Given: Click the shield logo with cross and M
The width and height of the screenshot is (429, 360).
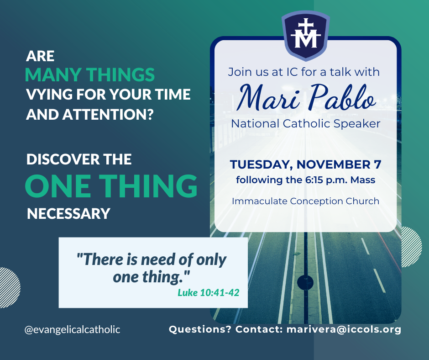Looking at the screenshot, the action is pyautogui.click(x=306, y=36).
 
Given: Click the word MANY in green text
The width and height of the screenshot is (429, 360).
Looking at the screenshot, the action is pyautogui.click(x=53, y=74).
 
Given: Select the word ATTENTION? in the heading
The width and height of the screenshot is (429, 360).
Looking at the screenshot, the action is pyautogui.click(x=108, y=115).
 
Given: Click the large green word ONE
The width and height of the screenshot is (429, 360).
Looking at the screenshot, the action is pyautogui.click(x=58, y=185).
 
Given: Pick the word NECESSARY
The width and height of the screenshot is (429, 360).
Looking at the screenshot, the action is pyautogui.click(x=68, y=214).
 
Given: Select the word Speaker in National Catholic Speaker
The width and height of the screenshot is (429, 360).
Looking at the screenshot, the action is pyautogui.click(x=357, y=124).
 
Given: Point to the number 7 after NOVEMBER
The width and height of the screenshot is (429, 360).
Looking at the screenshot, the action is pyautogui.click(x=377, y=164).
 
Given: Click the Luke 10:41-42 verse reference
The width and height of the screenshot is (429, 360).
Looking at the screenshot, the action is pyautogui.click(x=209, y=292).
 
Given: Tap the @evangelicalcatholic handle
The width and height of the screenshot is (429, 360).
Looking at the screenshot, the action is pyautogui.click(x=72, y=329).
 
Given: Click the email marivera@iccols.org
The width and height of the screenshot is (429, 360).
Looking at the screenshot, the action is pyautogui.click(x=344, y=329).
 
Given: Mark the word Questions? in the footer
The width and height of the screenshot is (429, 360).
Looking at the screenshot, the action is pyautogui.click(x=200, y=329).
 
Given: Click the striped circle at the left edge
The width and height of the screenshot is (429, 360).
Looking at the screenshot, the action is pyautogui.click(x=9, y=287).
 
